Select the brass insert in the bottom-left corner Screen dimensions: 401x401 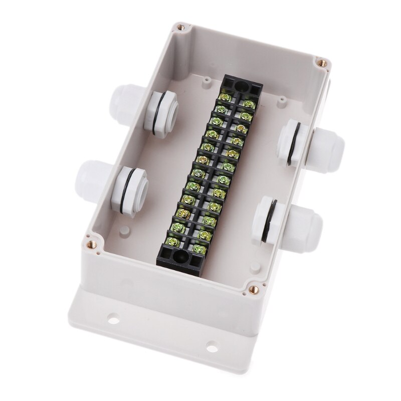[92, 245]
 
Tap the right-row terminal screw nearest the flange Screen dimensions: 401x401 [197, 247]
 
